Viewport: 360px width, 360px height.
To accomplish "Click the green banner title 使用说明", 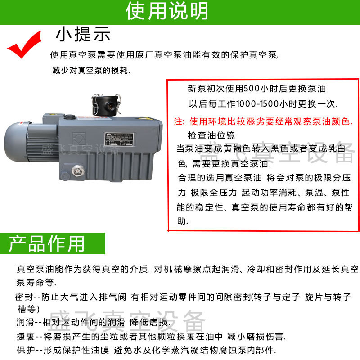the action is click(167, 11).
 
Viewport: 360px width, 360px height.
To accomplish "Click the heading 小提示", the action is click(83, 34).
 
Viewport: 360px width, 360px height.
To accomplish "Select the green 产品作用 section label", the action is click(47, 243).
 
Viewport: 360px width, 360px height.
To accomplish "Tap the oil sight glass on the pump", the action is click(77, 171).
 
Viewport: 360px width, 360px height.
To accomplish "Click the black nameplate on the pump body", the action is click(119, 139).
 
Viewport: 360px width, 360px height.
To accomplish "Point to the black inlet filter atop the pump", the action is click(106, 105).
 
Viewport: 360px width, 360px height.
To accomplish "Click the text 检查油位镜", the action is click(211, 135).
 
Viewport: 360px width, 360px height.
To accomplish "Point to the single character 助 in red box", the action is click(182, 221).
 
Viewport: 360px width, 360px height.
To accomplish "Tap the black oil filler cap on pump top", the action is click(70, 117).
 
